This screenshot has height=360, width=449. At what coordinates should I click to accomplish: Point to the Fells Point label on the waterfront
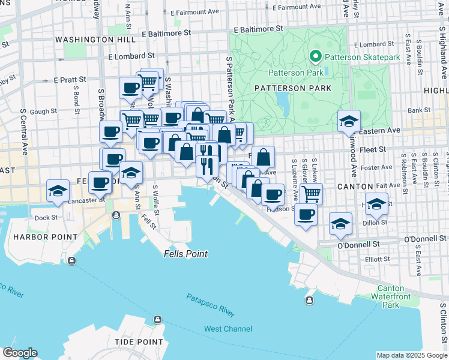(x=185, y=254)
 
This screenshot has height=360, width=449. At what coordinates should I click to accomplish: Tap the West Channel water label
(x=229, y=329)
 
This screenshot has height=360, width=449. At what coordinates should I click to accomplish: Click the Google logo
(x=20, y=353)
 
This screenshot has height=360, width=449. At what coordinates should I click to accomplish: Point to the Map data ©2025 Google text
(x=412, y=355)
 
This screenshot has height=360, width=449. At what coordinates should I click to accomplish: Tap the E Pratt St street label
(x=70, y=79)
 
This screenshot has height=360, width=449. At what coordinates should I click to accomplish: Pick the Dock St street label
(x=46, y=218)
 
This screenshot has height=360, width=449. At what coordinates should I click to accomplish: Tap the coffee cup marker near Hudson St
(x=305, y=215)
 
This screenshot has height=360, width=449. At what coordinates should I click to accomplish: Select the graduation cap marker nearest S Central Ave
(x=58, y=191)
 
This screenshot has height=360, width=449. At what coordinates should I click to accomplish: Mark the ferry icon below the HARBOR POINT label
(x=71, y=260)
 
